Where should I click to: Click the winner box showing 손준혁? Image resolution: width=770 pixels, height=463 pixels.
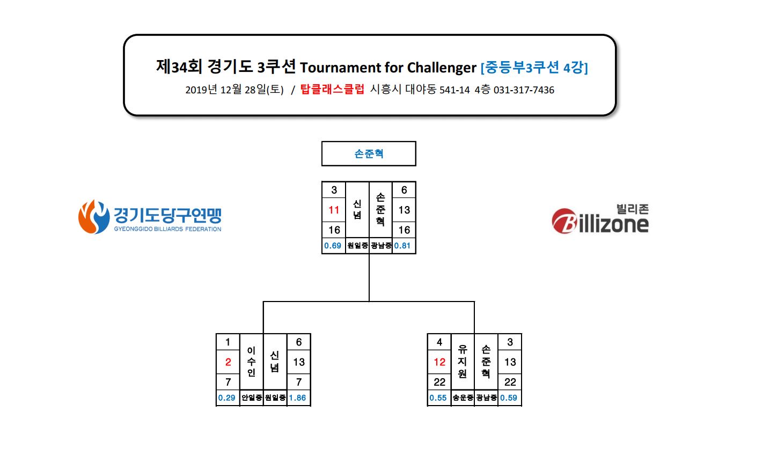click(x=369, y=153)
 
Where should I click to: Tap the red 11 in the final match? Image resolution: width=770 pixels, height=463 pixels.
click(x=334, y=210)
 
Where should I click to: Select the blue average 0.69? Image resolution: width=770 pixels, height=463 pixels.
click(x=333, y=246)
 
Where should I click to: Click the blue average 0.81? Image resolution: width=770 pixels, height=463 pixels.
click(x=402, y=246)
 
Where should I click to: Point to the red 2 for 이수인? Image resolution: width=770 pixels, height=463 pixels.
click(x=228, y=362)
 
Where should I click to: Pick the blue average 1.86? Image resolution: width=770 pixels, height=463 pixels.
click(x=297, y=398)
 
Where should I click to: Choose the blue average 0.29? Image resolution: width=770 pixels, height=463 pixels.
click(x=226, y=398)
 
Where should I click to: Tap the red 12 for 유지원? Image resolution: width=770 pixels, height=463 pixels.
click(x=439, y=362)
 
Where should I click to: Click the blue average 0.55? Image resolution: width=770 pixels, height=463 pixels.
click(x=438, y=398)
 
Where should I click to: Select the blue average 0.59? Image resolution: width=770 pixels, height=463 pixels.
click(x=508, y=398)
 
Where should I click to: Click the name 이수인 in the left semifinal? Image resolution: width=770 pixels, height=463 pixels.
click(x=251, y=362)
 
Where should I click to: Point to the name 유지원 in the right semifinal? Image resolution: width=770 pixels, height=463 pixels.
click(x=463, y=362)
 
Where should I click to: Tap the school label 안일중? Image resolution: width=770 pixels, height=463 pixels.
click(x=252, y=398)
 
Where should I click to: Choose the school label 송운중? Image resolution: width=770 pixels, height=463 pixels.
click(x=463, y=398)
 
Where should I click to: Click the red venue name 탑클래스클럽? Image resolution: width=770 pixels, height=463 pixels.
click(x=332, y=90)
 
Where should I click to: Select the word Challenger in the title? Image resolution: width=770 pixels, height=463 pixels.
click(x=442, y=68)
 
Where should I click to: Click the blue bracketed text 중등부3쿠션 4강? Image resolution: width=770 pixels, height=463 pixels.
click(x=534, y=68)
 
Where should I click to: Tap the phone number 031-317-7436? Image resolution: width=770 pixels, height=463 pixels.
click(x=524, y=90)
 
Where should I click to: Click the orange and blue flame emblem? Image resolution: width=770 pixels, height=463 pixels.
click(x=94, y=217)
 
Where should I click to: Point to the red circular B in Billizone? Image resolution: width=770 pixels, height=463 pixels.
click(x=564, y=221)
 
